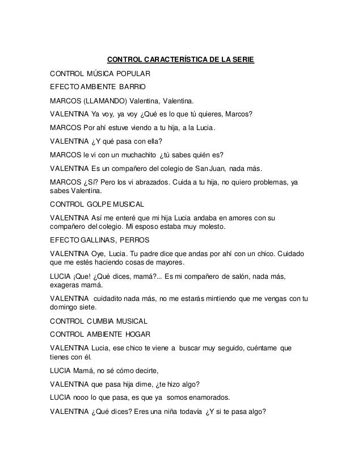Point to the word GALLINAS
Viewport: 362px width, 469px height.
[x=106, y=241]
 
